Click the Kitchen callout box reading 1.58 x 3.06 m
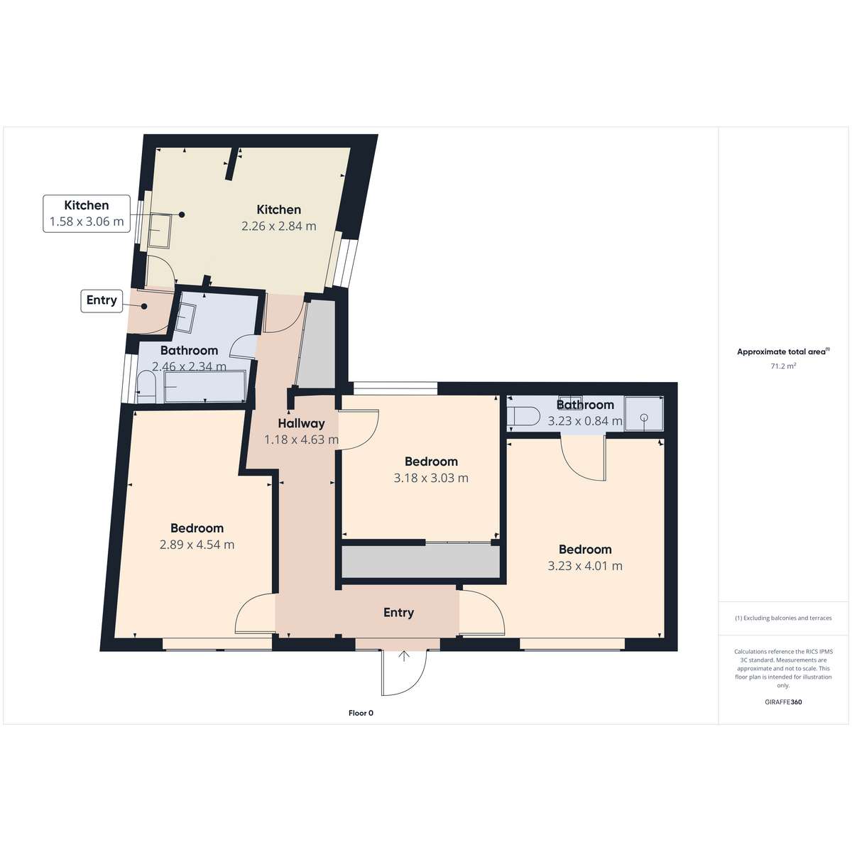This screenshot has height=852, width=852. coord(87,214)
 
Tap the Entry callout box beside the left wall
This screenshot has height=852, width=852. coord(102,300)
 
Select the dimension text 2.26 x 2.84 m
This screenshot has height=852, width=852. coord(279,226)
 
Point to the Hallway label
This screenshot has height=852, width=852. coord(302,423)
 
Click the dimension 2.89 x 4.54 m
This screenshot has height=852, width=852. coord(197,545)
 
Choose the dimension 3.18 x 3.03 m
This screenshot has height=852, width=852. coord(431,478)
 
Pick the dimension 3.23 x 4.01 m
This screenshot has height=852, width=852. coord(585,566)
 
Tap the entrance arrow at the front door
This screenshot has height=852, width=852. coord(404,656)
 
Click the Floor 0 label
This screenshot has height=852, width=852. coord(361,713)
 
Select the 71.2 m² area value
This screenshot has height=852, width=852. coord(783,366)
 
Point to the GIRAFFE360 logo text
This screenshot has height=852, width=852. coord(783,701)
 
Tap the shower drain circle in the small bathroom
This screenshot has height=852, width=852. coord(644,417)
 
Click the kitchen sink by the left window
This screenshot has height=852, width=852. coord(159,230)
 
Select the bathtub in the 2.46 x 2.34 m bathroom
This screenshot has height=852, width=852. coord(205,386)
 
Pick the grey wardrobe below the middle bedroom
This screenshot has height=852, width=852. coord(420,562)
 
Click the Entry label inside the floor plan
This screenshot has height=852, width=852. coord(399,612)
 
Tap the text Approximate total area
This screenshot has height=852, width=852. coord(781,352)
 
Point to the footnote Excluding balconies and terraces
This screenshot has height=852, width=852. coord(783,618)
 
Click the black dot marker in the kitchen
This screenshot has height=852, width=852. coord(182,214)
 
